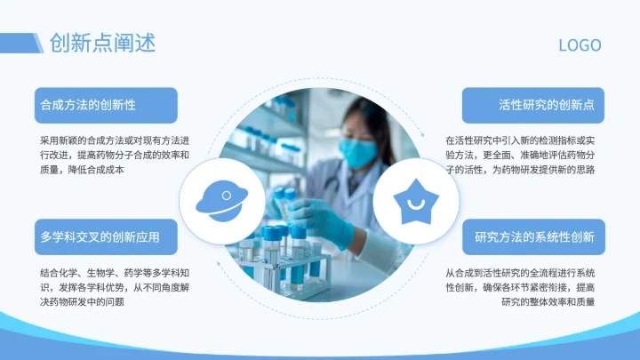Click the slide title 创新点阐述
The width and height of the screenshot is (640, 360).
(x=101, y=43)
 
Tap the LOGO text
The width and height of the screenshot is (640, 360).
(x=580, y=45)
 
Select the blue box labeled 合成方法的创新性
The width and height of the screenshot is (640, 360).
(x=106, y=105)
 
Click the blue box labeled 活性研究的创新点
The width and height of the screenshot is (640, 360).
(x=533, y=105)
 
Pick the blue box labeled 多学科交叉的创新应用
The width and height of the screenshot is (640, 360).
(x=106, y=237)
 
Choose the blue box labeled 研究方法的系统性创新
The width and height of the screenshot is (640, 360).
(x=533, y=237)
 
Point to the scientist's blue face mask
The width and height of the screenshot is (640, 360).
(x=359, y=153)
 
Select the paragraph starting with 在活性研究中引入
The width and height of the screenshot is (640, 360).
(x=520, y=155)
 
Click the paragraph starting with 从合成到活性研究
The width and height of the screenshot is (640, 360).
(x=520, y=287)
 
